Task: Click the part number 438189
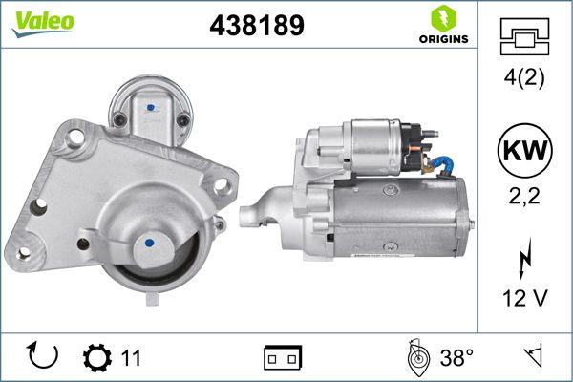pos(256,27)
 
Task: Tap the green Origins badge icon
pos(442,17)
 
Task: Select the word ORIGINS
pos(442,39)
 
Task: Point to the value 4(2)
pos(524,80)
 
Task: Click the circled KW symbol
pos(524,151)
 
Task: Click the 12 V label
pos(524,299)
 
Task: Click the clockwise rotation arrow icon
pos(44,357)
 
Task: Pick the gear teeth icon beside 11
pos(98,357)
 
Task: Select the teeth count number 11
pos(132,358)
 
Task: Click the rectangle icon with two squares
pos(282,358)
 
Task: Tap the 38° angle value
pos(457,358)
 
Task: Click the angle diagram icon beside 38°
pos(417,357)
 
